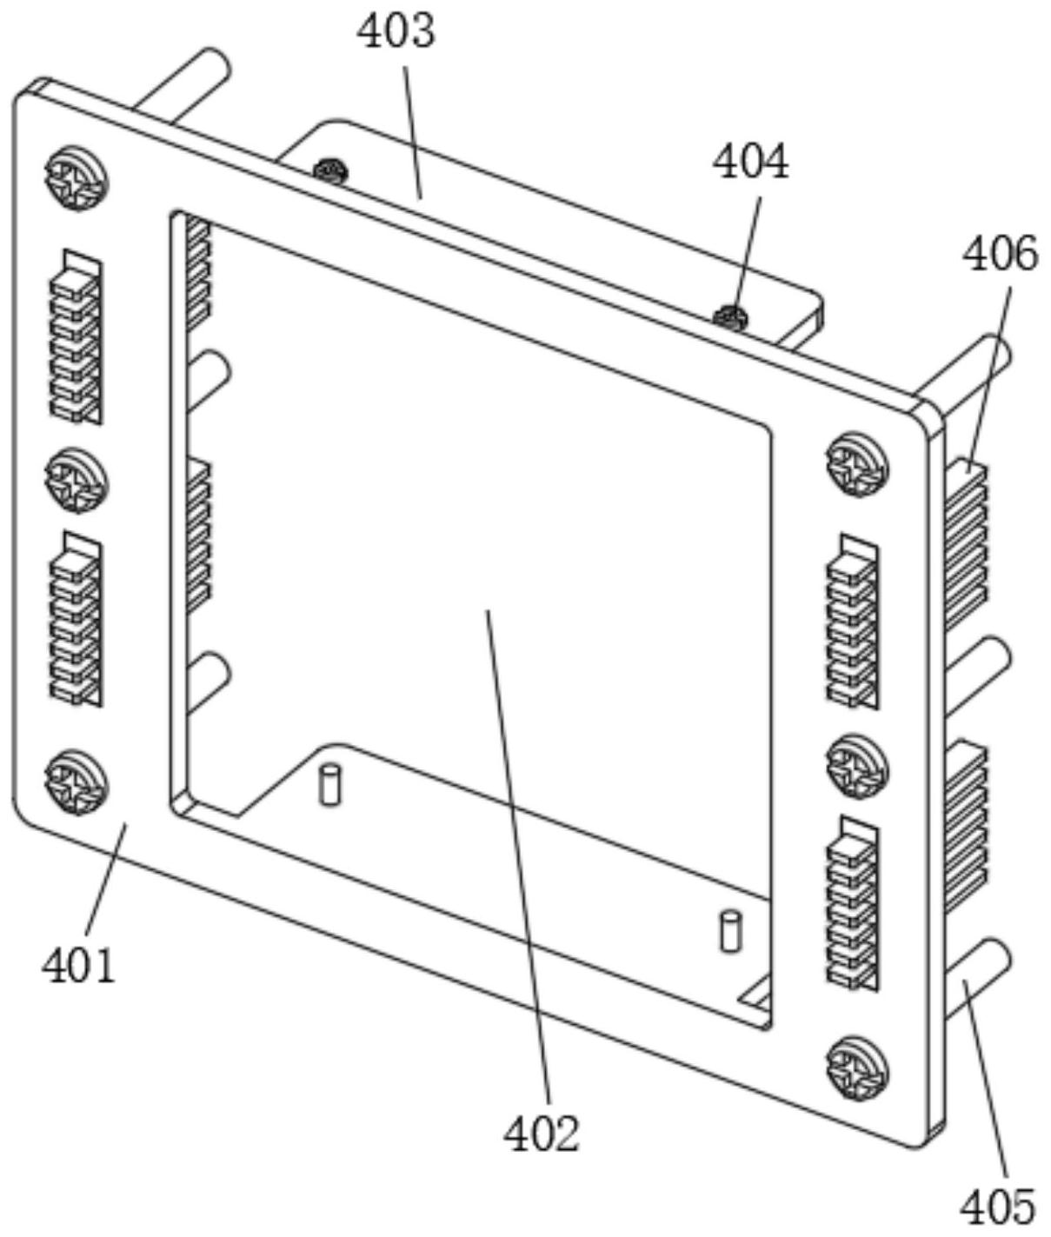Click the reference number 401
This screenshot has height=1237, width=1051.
78,966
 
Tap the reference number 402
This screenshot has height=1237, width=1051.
542,1134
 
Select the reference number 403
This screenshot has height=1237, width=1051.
396,31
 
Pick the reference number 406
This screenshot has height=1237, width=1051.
1000,254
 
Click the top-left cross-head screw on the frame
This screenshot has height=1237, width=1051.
76,177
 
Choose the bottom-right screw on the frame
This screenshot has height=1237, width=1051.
858,1067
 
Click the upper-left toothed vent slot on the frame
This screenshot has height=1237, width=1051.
76,337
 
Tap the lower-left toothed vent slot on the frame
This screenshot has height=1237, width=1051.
76,619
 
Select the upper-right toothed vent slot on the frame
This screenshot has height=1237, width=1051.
853,621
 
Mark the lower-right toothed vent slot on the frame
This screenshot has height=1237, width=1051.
853,904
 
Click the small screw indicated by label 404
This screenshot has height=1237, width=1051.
731,317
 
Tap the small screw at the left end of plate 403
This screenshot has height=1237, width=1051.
330,170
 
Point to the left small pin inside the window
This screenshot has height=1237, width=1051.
329,784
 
